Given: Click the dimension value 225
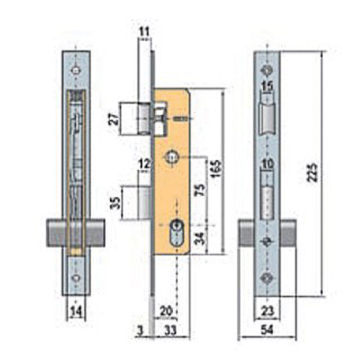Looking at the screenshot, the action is pos(313,172).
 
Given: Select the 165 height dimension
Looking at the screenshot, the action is pos(216,168).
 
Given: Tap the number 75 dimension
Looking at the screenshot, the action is pos(201,189).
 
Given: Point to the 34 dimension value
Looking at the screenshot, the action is pos(201,238).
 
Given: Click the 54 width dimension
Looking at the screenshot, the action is pos(267,330).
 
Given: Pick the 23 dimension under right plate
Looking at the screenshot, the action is pos(267,311).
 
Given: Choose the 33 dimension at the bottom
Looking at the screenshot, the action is pos(170,330).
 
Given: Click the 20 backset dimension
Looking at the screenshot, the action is pos(166,311).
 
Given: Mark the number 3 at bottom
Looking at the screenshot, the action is pos(141,330).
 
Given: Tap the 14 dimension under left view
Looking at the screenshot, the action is pos(76,311).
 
